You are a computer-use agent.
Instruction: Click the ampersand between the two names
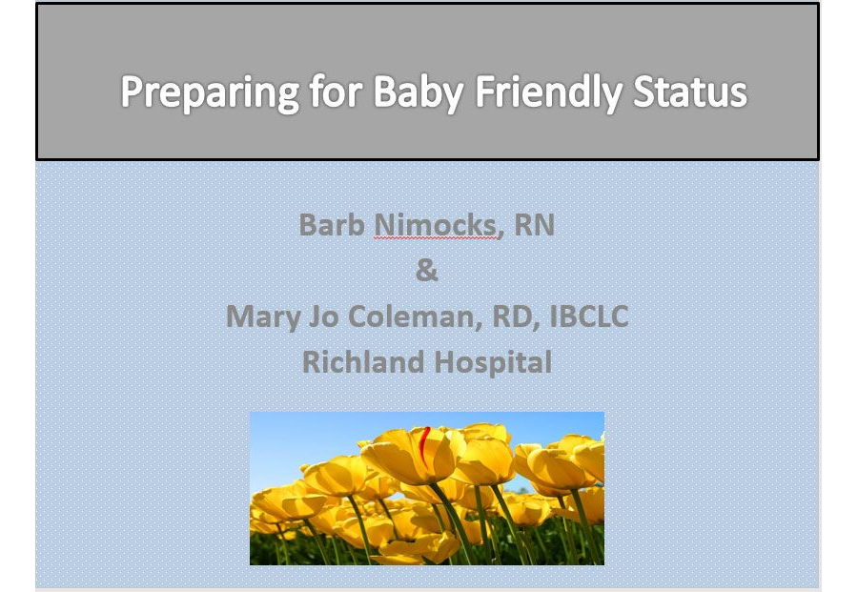pyautogui.click(x=427, y=271)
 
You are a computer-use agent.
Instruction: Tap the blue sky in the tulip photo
pyautogui.click(x=305, y=434)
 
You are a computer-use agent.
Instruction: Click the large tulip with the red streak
pyautogui.click(x=410, y=458)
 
